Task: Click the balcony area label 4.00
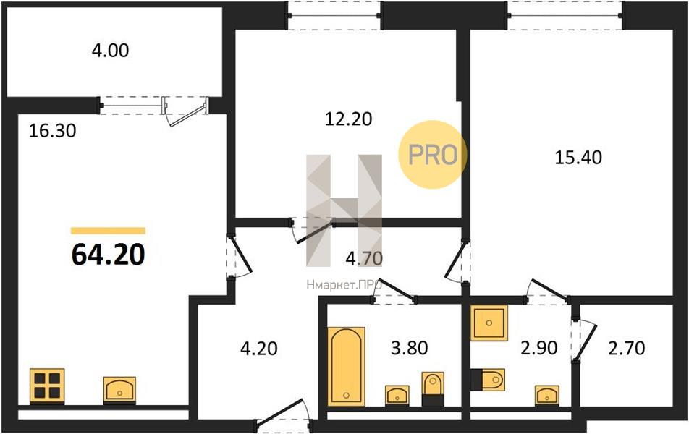click(x=110, y=51)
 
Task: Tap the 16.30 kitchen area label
click(x=52, y=131)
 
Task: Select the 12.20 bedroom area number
click(x=348, y=119)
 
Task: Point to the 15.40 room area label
click(x=578, y=157)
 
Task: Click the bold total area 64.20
click(x=108, y=255)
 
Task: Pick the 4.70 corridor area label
click(x=364, y=258)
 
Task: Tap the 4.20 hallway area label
click(x=259, y=349)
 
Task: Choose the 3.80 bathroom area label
click(x=410, y=348)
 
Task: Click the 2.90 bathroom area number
click(x=539, y=348)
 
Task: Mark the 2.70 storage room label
click(x=627, y=348)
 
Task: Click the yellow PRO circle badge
click(x=432, y=155)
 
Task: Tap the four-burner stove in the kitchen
click(x=47, y=386)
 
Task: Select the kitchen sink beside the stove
click(x=119, y=390)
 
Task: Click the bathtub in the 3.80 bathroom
click(x=346, y=365)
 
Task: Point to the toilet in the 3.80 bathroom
click(x=433, y=388)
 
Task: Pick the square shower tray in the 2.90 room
click(x=489, y=323)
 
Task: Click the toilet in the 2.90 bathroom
click(x=488, y=379)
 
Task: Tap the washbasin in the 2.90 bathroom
click(x=547, y=396)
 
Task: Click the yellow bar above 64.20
click(x=108, y=231)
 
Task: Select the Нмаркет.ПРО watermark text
click(x=344, y=286)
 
